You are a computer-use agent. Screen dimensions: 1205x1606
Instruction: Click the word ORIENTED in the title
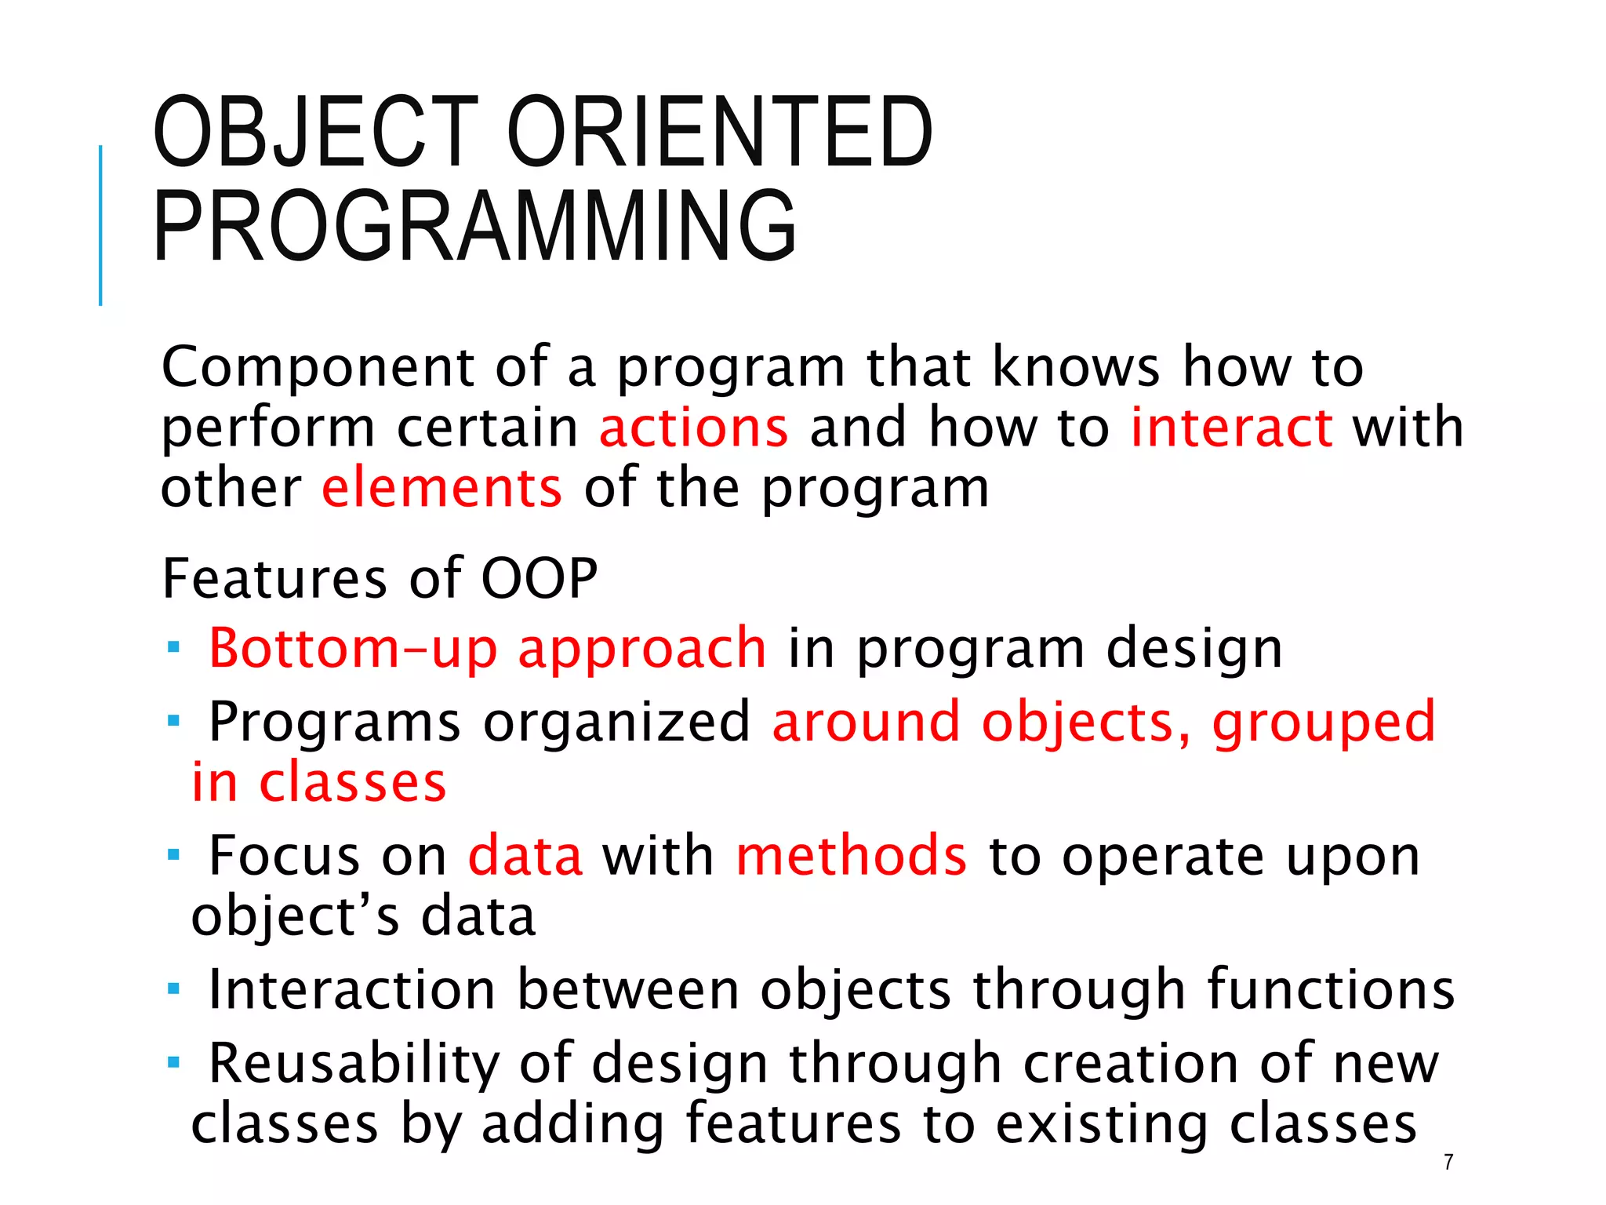coord(720,132)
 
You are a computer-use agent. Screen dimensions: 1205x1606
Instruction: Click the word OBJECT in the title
coord(315,132)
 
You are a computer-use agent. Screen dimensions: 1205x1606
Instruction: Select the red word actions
coord(693,428)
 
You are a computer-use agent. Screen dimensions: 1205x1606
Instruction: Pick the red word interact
coord(1231,428)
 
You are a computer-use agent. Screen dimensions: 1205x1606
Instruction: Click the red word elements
coord(441,488)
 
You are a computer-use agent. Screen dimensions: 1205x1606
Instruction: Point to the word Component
coord(317,367)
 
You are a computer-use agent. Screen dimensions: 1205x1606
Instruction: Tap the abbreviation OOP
coord(539,579)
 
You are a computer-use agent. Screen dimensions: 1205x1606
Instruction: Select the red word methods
coord(851,856)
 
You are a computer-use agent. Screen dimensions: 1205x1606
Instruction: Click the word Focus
coord(284,856)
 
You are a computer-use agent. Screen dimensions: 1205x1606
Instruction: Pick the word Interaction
coord(351,990)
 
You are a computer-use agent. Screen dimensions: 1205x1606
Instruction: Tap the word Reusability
coord(354,1064)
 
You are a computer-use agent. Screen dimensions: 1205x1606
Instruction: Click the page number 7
coord(1448,1163)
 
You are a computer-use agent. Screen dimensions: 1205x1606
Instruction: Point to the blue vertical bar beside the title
coord(100,225)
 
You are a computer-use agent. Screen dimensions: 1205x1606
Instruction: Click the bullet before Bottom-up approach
coord(173,649)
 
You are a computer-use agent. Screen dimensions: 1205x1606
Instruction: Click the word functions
coord(1331,990)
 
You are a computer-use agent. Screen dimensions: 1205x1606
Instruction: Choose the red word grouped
coord(1323,723)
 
